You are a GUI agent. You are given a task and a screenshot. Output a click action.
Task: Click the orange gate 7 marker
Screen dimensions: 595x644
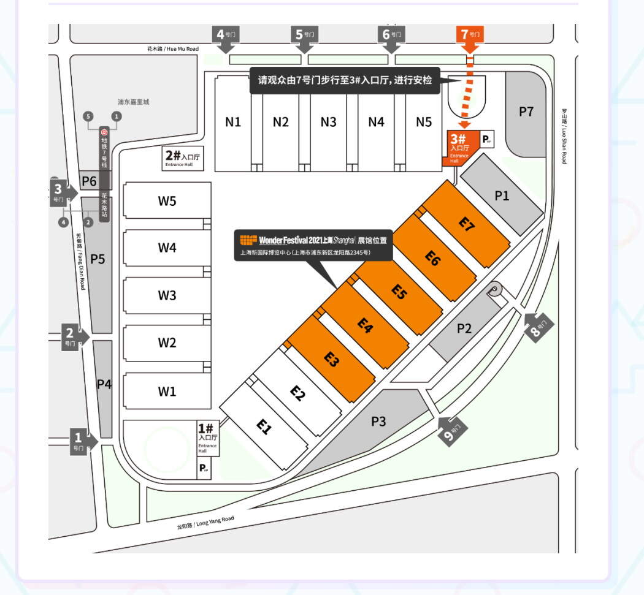(470, 35)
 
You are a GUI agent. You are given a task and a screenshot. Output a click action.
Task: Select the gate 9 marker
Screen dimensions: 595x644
(452, 431)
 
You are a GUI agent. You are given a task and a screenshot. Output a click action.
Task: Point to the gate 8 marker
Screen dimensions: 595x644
(538, 326)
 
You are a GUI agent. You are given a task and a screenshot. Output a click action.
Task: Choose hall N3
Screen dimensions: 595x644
(329, 122)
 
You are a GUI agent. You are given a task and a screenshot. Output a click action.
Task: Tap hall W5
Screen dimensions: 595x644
(167, 201)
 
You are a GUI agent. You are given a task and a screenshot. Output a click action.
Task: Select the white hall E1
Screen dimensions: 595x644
(264, 426)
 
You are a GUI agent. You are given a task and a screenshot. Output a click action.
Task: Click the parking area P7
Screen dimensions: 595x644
(526, 112)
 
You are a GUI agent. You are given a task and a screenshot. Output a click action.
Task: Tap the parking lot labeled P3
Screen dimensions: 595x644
(378, 422)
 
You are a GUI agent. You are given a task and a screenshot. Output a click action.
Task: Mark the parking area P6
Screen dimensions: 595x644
(90, 181)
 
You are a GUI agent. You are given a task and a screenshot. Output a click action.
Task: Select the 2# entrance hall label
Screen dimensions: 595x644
(183, 158)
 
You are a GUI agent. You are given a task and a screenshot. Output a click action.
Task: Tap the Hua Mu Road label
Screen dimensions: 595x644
(173, 48)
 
